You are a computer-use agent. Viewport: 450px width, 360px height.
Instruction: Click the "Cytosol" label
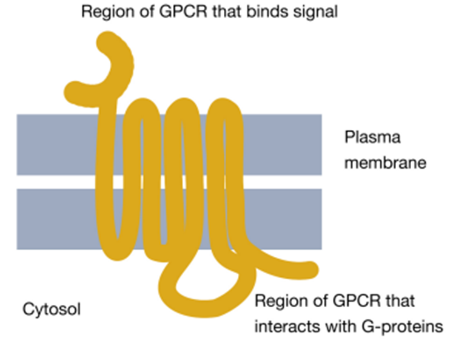click(x=51, y=310)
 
